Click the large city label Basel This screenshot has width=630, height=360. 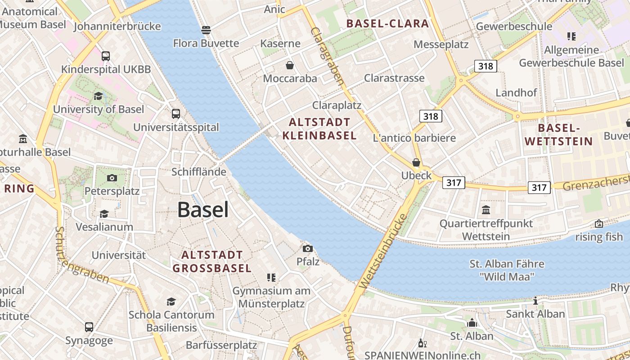point(203,210)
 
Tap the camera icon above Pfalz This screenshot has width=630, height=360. point(308,248)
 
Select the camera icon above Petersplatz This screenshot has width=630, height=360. point(112,178)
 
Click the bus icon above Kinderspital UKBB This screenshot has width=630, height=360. point(106,56)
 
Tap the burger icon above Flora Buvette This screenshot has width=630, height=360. point(206,30)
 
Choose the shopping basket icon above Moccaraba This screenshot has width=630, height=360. point(290,65)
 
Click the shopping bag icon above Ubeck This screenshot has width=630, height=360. point(416,162)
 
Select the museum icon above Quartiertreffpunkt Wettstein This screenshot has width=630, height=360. point(486,210)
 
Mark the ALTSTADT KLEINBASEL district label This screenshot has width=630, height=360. point(319,129)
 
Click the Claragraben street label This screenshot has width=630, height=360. point(327,56)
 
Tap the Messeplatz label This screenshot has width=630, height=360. point(441,45)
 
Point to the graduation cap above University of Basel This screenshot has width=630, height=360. point(98,96)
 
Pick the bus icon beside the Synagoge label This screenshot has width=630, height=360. point(89,327)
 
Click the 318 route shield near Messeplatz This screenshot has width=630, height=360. point(485,67)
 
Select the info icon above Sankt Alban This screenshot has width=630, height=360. point(535,301)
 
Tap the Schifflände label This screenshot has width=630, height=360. point(199,172)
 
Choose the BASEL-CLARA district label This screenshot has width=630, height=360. point(387,24)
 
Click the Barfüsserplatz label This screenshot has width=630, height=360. point(221,346)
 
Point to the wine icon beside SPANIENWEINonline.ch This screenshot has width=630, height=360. point(422,343)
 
